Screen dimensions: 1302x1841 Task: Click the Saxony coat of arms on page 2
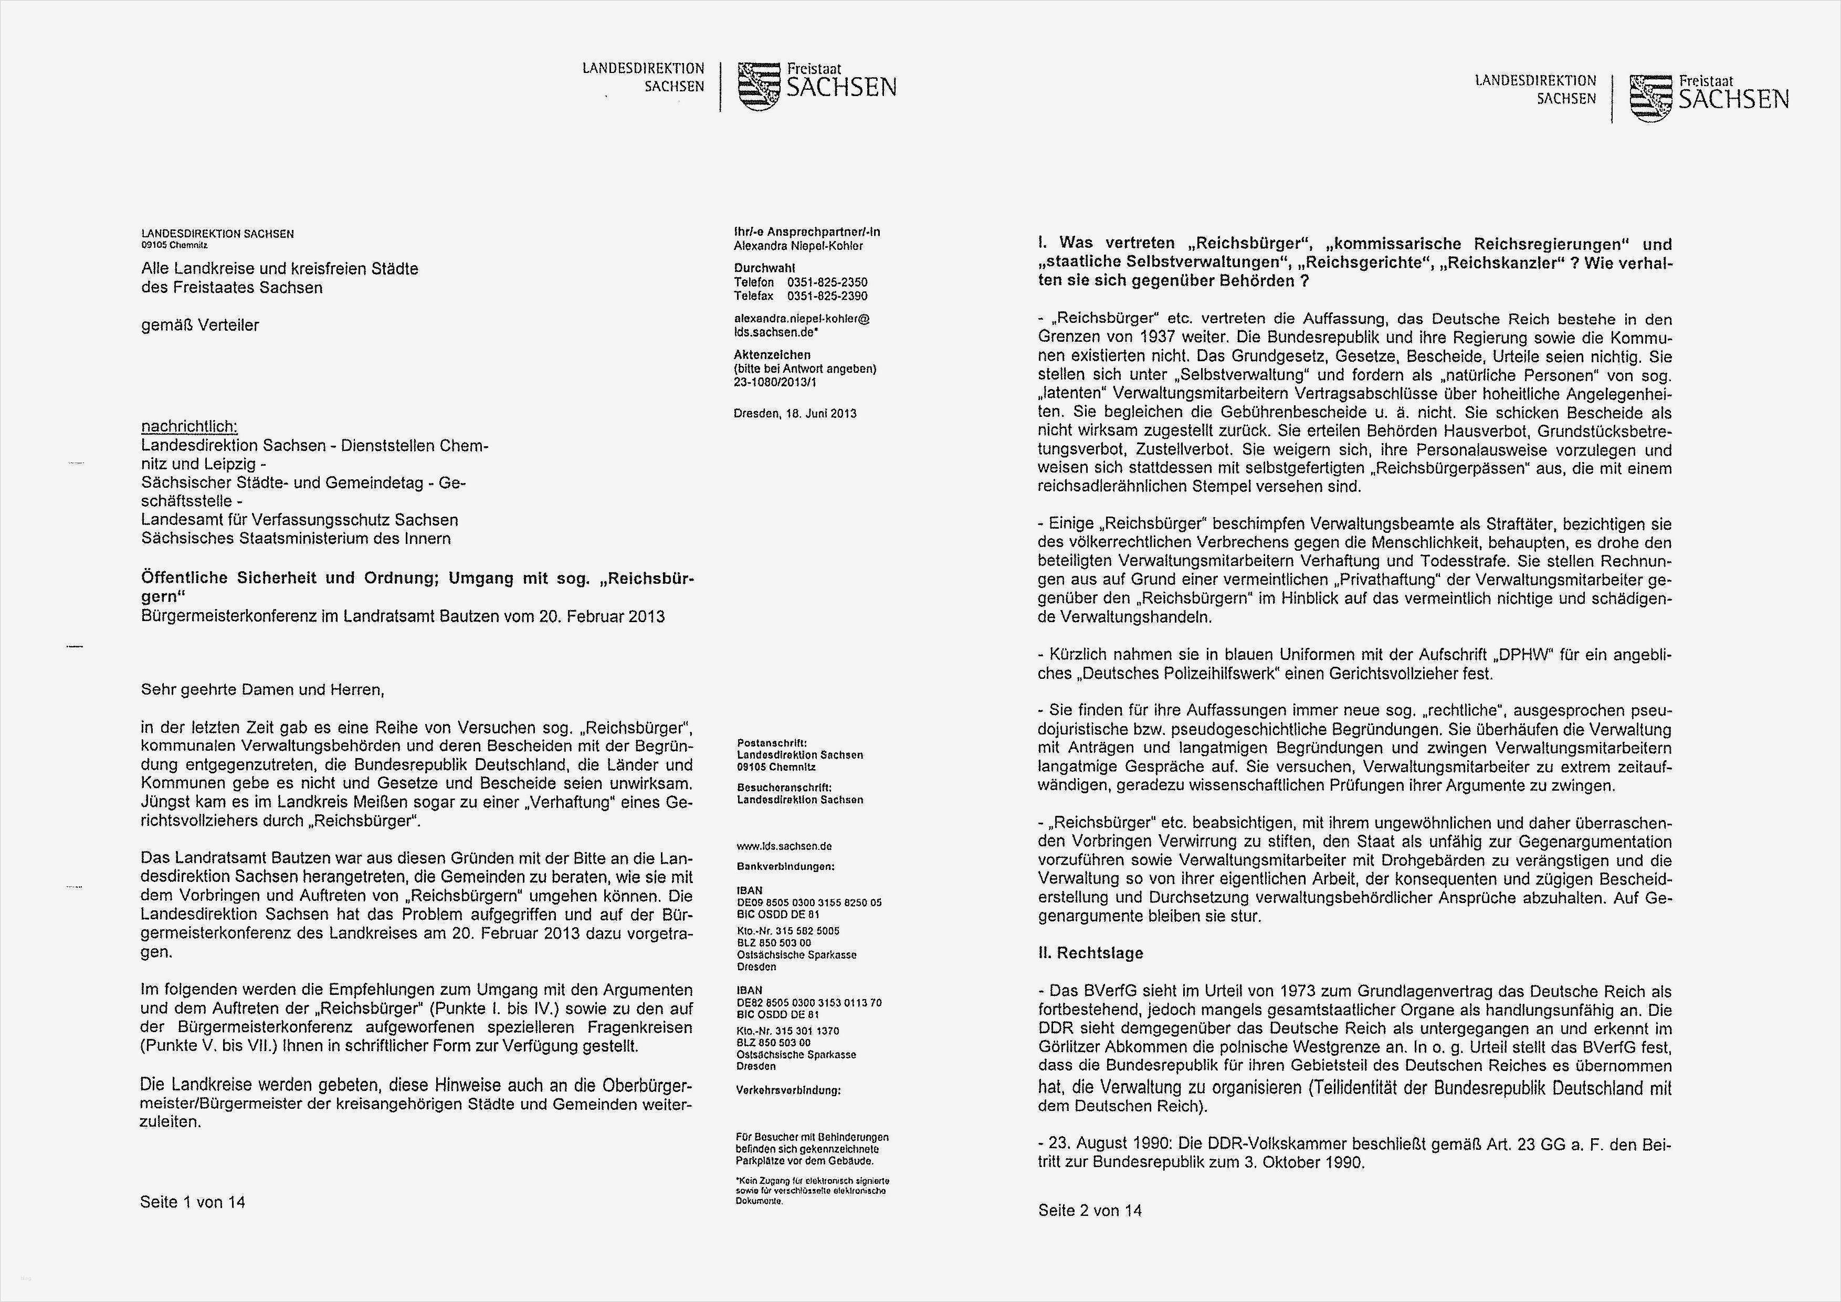(1650, 97)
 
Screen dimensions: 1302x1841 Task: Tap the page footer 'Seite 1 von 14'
(193, 1202)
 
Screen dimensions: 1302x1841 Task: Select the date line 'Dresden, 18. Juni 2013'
(795, 414)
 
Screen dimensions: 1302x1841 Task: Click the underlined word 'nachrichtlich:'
(189, 426)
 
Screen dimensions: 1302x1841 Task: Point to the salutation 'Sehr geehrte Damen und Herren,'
(262, 689)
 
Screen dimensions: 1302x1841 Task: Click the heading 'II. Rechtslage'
(1090, 953)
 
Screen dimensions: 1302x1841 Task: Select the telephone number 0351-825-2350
(827, 282)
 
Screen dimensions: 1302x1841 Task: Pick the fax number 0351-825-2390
(827, 296)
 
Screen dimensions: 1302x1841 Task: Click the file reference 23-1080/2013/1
(775, 382)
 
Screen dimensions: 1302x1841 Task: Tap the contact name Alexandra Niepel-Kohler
(798, 245)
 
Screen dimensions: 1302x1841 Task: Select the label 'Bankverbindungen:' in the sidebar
(785, 867)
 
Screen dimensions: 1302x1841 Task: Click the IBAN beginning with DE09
(808, 902)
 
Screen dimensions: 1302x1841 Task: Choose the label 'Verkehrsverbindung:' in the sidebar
(787, 1090)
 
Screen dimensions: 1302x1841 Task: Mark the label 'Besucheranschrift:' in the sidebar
(783, 787)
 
